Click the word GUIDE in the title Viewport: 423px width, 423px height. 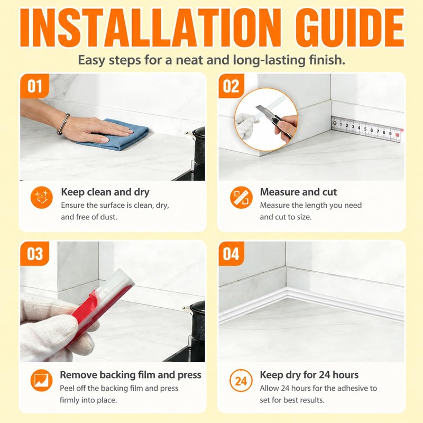[x=350, y=28]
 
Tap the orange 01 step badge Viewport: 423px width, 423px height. [x=35, y=86]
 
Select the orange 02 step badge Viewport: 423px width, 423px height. [x=231, y=86]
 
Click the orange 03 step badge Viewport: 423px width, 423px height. [x=35, y=254]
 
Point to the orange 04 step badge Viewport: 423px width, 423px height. [x=231, y=254]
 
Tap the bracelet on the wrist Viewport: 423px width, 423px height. [x=63, y=124]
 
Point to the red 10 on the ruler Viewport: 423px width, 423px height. [x=397, y=135]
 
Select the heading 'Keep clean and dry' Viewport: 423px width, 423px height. [x=105, y=192]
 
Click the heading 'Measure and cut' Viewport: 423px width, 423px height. [x=298, y=192]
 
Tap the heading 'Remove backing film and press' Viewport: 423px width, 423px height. [x=131, y=375]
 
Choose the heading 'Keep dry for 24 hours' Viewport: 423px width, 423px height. [x=309, y=375]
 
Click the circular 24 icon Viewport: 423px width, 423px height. [x=241, y=381]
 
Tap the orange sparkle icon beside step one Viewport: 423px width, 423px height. [x=42, y=197]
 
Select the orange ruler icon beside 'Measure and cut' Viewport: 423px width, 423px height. [x=241, y=197]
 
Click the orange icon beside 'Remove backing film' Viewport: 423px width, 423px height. [x=42, y=380]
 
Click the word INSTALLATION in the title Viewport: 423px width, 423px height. [x=151, y=28]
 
